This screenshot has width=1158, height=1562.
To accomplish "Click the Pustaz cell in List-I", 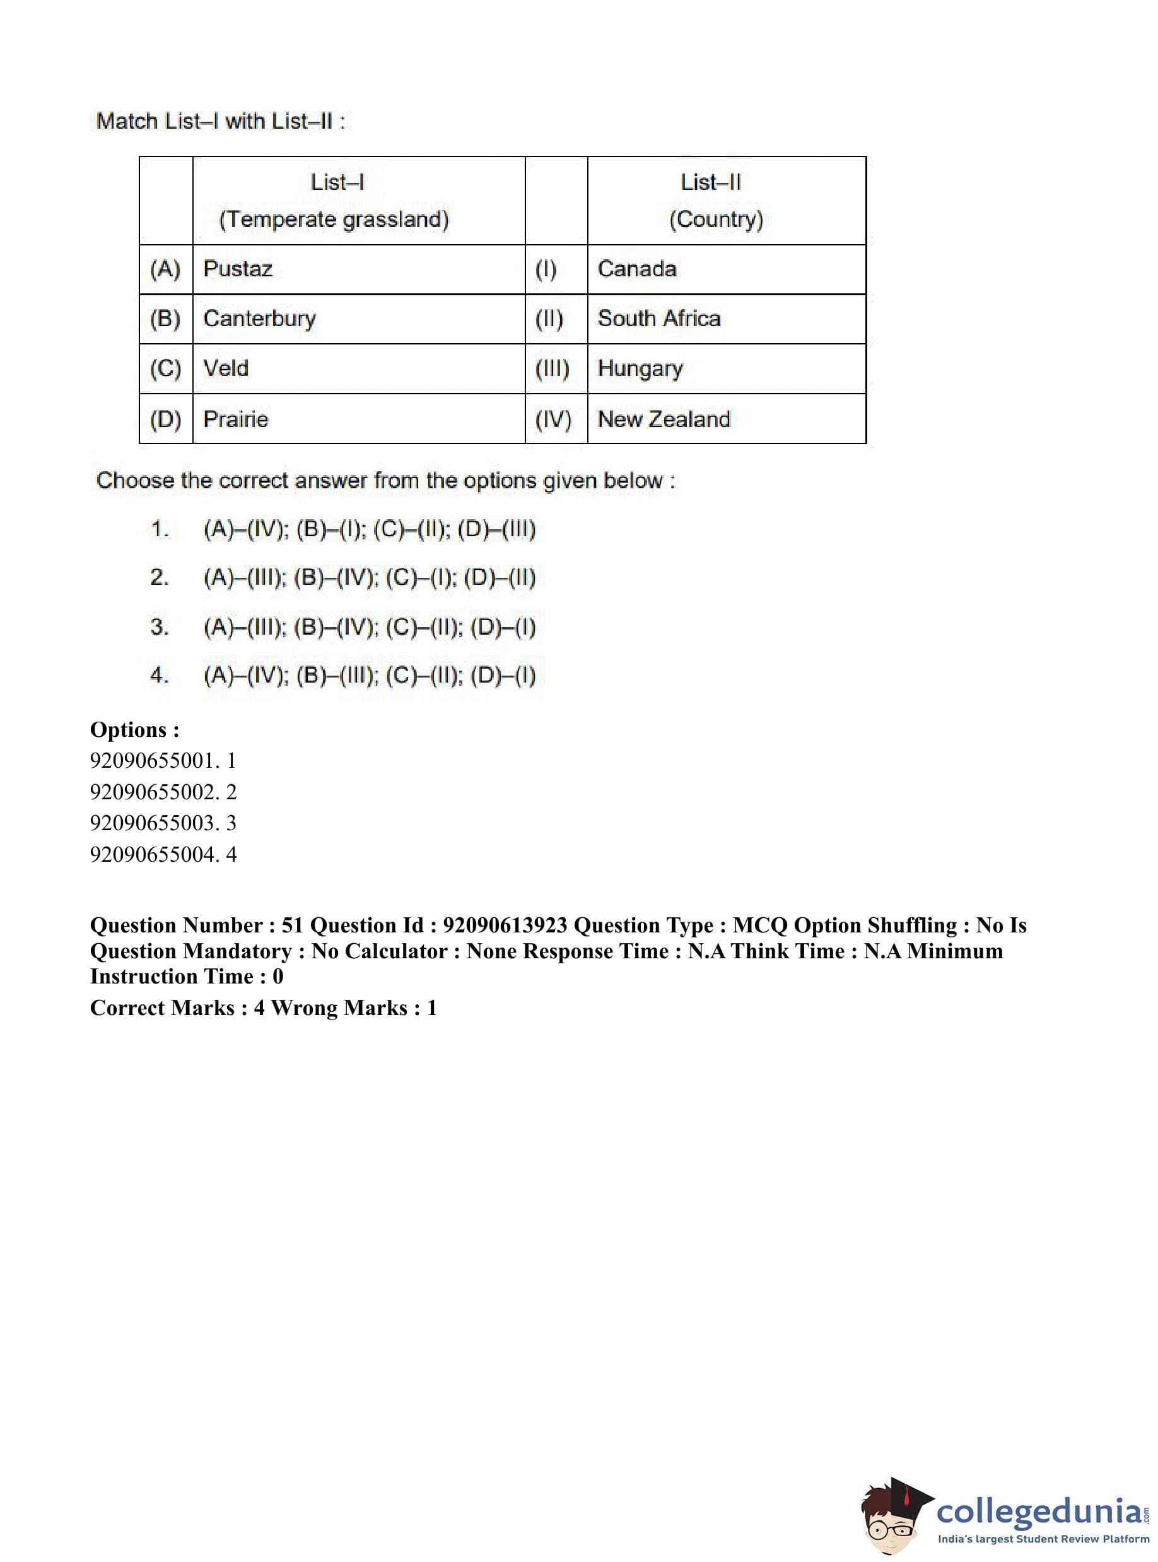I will coord(238,269).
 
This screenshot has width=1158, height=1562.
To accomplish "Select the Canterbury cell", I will coord(259,319).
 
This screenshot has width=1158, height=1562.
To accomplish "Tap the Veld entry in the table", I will coord(226,368).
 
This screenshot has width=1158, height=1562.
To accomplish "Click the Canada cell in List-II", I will coord(636,269).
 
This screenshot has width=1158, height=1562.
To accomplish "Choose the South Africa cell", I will coord(659,319).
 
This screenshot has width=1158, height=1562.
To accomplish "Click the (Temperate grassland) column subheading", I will coord(334,220).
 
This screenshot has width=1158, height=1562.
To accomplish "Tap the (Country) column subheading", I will coord(716,220).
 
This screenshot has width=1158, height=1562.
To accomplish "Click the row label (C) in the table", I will coord(165,368).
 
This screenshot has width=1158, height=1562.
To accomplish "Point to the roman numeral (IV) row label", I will coord(553,420).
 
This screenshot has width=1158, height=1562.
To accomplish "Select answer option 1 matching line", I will coord(370,529).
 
